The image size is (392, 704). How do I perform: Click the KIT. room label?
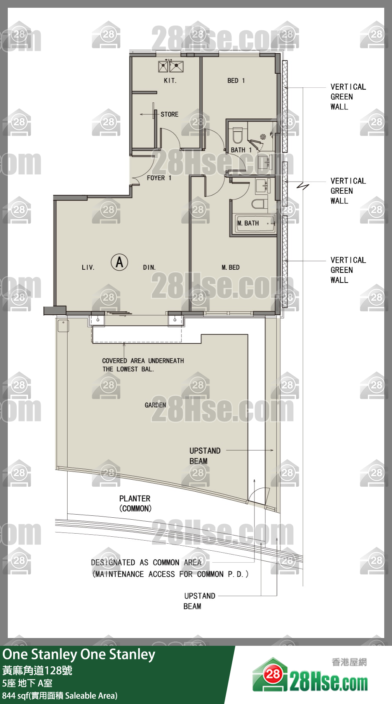point(170,81)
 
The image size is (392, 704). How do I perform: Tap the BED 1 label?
point(236,81)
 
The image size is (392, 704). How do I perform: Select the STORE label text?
point(169,114)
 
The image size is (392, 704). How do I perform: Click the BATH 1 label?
point(241,150)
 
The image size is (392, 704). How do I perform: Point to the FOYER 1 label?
point(159,178)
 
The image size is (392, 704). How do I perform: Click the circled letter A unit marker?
point(120,262)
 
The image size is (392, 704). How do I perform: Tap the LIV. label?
point(88,267)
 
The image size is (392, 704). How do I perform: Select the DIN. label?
point(149,267)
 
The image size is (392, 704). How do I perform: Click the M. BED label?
point(231,267)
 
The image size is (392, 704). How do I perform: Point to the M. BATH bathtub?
point(255,224)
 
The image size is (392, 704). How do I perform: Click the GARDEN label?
point(155,405)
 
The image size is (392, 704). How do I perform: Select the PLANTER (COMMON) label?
point(135,503)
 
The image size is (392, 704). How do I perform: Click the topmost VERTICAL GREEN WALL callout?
point(348,97)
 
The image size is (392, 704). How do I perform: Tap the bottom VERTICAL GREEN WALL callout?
point(348,270)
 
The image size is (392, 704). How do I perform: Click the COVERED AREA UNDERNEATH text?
point(143,361)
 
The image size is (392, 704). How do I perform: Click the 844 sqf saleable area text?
point(60,695)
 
